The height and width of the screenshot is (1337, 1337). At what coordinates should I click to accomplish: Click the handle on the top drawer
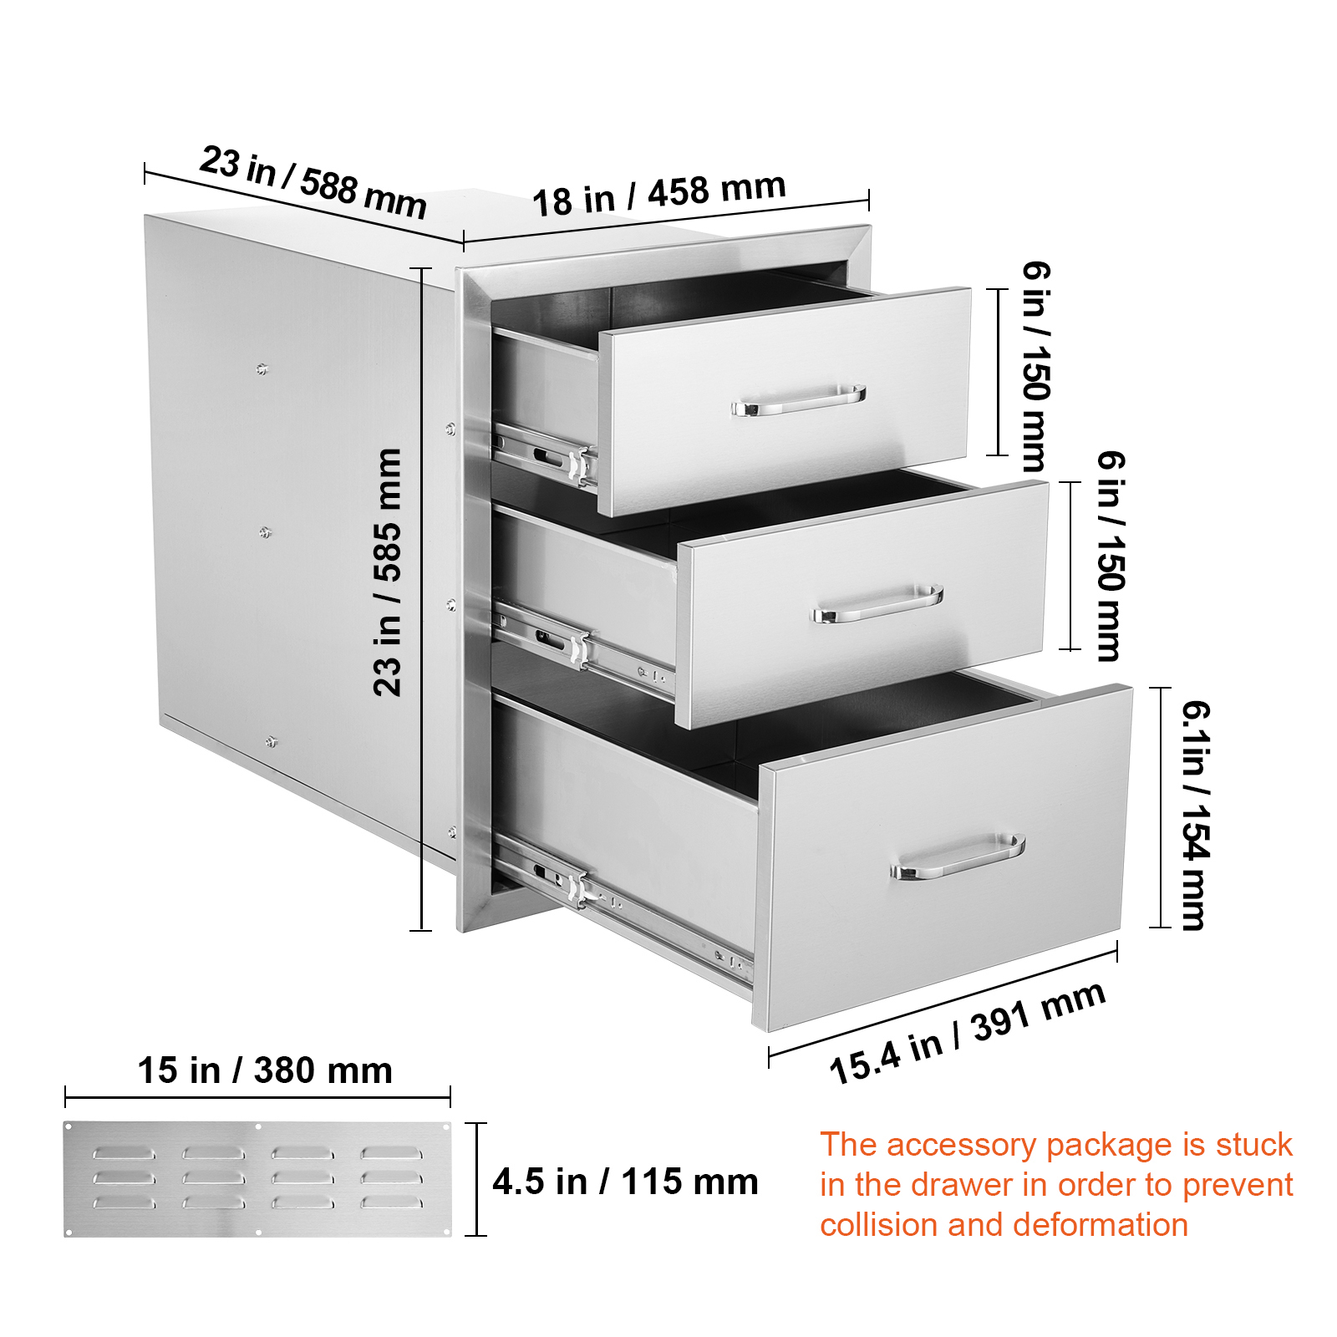799,401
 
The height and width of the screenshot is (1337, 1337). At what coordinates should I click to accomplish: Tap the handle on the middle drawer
877,603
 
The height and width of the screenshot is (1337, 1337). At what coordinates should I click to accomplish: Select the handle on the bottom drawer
958,857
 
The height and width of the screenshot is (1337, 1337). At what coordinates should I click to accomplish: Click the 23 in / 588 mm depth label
313,182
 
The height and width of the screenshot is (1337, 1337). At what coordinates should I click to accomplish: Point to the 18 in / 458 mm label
658,194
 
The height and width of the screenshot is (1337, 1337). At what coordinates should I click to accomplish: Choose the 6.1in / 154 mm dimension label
1195,815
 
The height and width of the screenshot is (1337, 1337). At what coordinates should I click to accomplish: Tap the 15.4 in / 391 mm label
967,1035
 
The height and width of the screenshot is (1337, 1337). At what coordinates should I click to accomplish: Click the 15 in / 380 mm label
265,1070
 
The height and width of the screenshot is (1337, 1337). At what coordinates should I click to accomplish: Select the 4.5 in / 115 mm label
625,1182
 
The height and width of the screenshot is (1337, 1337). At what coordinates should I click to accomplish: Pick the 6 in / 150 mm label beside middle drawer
1111,556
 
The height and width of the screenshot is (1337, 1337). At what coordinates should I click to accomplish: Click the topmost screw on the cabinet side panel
262,369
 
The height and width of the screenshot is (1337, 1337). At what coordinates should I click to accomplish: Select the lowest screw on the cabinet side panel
271,741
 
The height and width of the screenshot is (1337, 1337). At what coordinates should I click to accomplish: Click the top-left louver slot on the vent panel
124,1153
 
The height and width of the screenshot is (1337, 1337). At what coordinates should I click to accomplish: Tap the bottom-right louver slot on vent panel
391,1202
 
